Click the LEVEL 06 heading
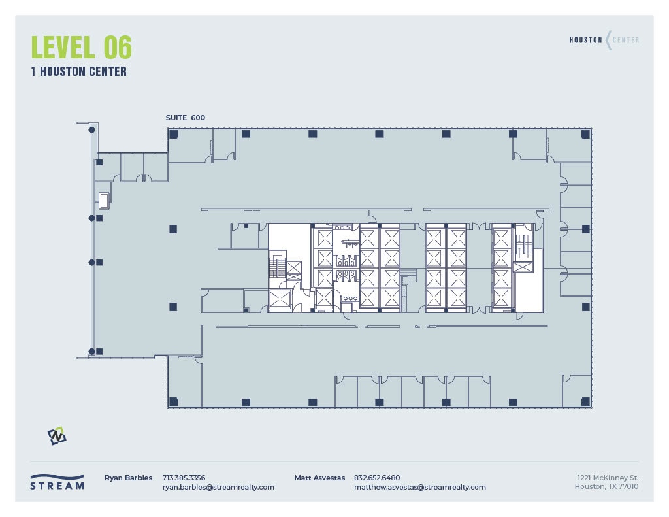coord(81,48)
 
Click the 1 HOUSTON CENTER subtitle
coord(78,72)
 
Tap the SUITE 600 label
coord(186,118)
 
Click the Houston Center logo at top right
coord(604,40)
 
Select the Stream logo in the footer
coord(57,481)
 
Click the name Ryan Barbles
coord(128,478)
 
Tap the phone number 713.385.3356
coord(184,478)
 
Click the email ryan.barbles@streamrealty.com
coord(218,487)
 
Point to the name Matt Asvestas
coord(319,478)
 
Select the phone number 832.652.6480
coord(377,478)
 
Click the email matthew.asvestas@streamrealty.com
coord(419,487)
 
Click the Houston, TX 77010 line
coord(606,487)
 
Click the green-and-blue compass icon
coord(57,435)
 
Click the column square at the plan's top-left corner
coord(174,134)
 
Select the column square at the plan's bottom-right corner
coord(585,401)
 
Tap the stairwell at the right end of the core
coord(523,246)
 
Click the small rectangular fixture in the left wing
coord(104,200)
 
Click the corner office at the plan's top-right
coord(568,144)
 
